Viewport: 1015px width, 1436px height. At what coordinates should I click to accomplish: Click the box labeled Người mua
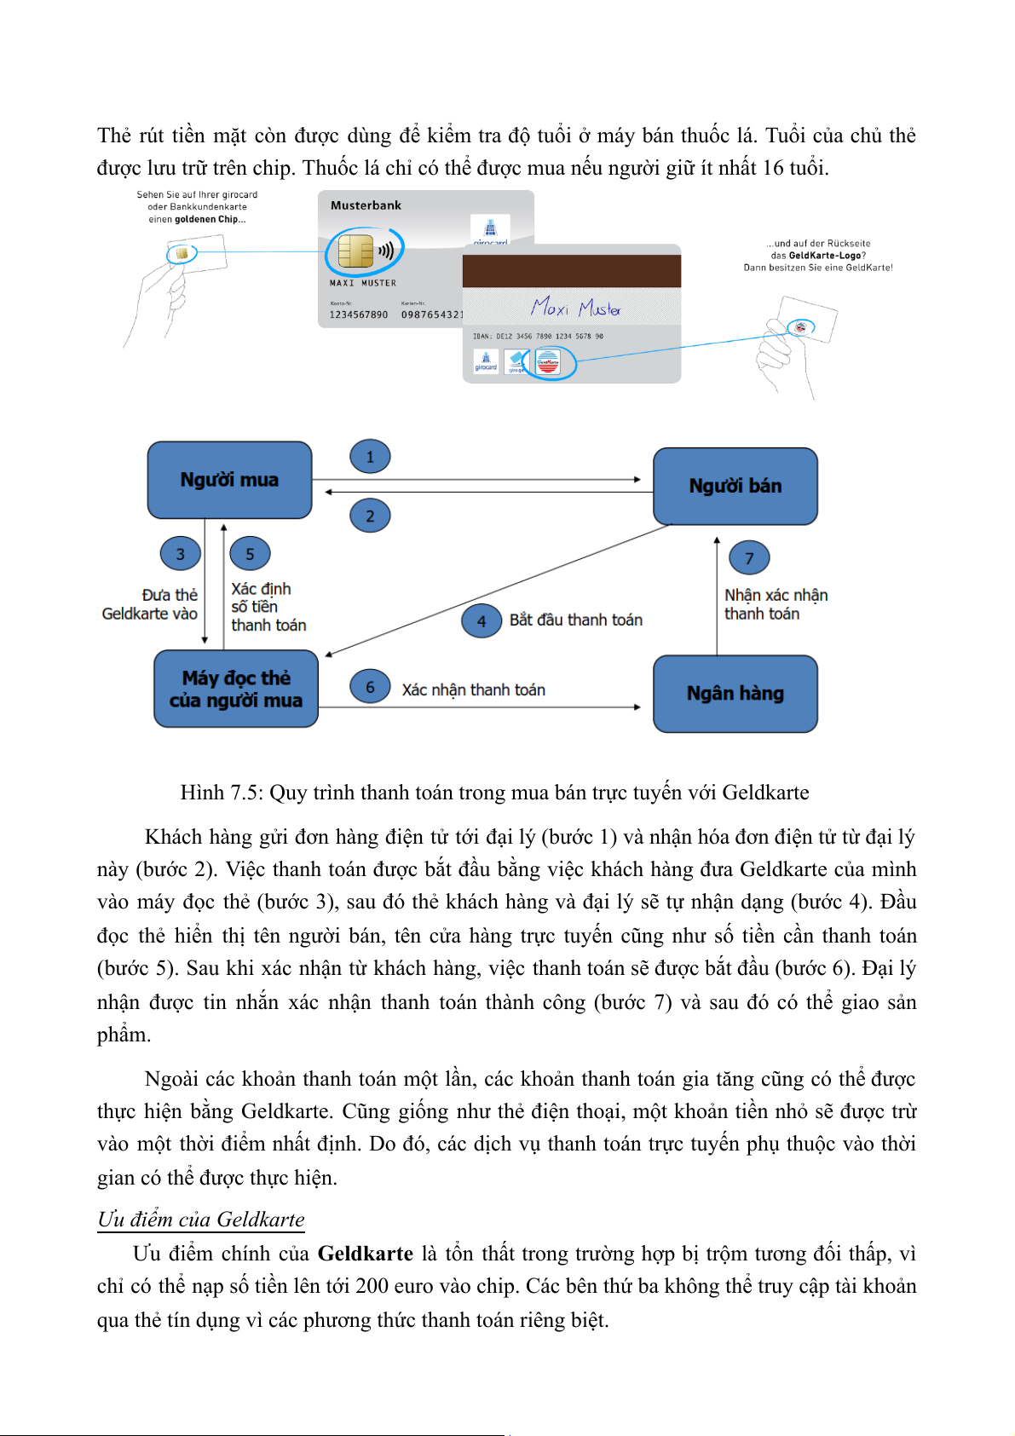click(229, 480)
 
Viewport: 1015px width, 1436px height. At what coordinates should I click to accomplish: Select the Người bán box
click(735, 486)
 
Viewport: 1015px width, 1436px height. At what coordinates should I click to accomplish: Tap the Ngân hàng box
click(735, 694)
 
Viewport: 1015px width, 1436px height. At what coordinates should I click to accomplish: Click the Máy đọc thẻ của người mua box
click(236, 689)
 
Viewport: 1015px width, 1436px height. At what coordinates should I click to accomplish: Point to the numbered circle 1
click(370, 457)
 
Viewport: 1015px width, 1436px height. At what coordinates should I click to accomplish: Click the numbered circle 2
click(370, 516)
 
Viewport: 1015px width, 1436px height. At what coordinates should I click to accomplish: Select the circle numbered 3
click(180, 554)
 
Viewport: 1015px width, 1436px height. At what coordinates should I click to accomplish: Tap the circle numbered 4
click(482, 621)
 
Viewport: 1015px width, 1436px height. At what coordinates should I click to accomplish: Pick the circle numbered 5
click(250, 554)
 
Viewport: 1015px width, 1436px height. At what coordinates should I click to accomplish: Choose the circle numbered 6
click(370, 687)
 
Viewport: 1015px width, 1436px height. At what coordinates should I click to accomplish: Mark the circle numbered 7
click(749, 558)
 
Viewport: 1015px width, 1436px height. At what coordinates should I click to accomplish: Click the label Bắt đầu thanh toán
click(576, 620)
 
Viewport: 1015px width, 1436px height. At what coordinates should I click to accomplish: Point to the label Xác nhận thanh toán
click(474, 690)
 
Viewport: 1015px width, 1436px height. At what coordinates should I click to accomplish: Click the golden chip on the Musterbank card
click(355, 251)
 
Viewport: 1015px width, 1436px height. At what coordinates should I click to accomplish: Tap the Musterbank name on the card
click(366, 205)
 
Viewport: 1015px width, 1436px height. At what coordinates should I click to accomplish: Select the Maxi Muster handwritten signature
click(576, 307)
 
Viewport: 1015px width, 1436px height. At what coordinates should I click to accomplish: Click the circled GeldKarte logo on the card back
click(548, 364)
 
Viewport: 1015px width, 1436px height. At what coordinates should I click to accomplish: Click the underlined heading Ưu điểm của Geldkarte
click(201, 1220)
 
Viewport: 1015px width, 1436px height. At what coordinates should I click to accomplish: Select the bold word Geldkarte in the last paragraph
click(365, 1254)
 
